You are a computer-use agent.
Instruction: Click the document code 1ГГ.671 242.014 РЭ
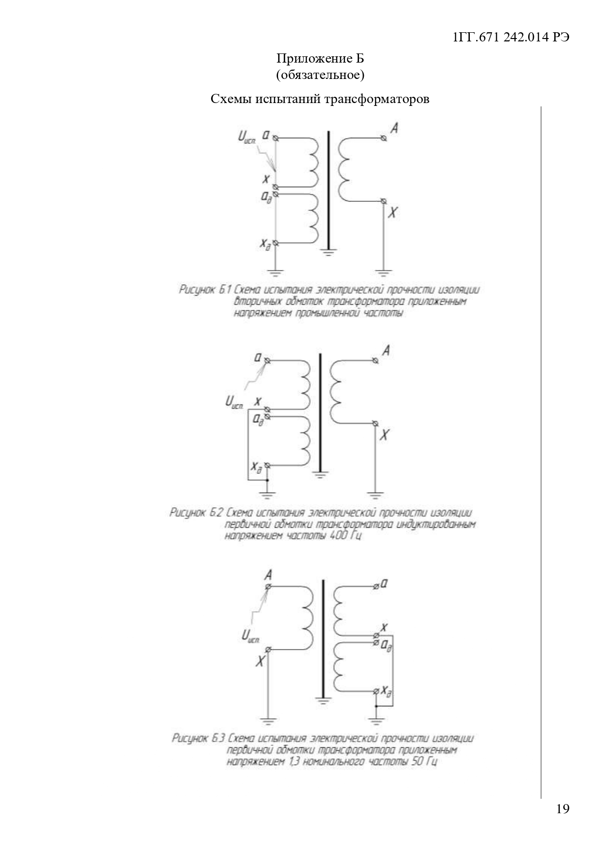(x=511, y=38)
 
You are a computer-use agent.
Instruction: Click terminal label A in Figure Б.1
(x=395, y=129)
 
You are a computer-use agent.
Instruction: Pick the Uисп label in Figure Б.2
(x=234, y=402)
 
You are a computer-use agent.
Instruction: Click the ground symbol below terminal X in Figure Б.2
(x=375, y=494)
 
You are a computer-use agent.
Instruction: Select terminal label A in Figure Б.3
(x=269, y=574)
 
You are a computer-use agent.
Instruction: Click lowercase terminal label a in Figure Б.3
(x=384, y=584)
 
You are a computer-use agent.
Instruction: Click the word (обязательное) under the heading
(x=320, y=75)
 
